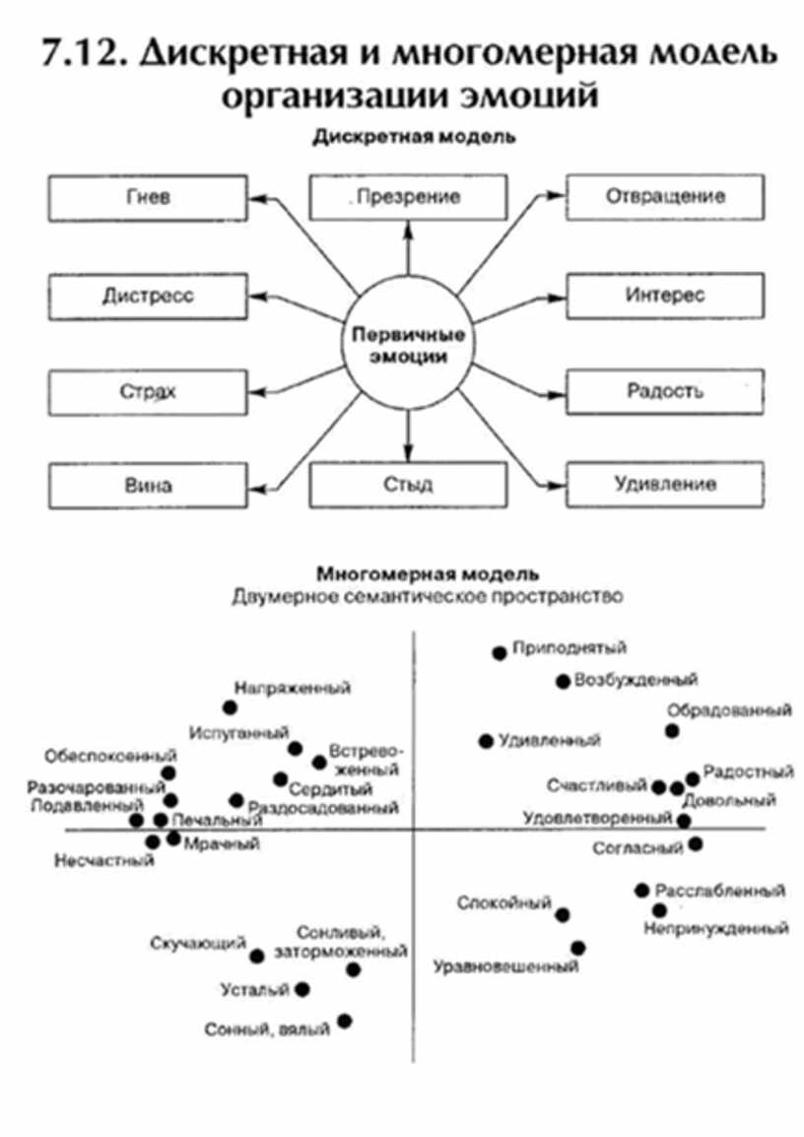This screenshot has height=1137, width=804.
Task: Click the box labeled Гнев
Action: [148, 198]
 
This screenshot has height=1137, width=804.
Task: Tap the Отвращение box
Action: [665, 196]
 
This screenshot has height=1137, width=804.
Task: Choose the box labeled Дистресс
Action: [148, 296]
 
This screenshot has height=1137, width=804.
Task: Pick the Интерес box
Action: [665, 295]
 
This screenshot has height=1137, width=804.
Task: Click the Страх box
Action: [148, 391]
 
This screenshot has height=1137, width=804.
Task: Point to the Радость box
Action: [665, 390]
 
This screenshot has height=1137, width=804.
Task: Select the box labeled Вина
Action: [148, 486]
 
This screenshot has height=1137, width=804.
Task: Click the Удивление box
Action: [665, 485]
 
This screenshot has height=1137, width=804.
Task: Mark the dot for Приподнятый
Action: [500, 652]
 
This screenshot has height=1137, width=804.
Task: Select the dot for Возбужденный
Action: [563, 681]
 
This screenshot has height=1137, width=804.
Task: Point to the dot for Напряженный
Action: [231, 707]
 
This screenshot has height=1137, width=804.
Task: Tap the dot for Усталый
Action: [302, 988]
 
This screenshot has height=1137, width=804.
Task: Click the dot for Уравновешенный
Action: [578, 948]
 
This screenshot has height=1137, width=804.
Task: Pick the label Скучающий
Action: [197, 944]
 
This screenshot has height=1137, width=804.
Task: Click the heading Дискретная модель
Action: [414, 138]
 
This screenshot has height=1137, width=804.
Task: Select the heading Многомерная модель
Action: [427, 573]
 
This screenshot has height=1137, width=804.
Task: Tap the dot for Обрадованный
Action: [672, 730]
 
